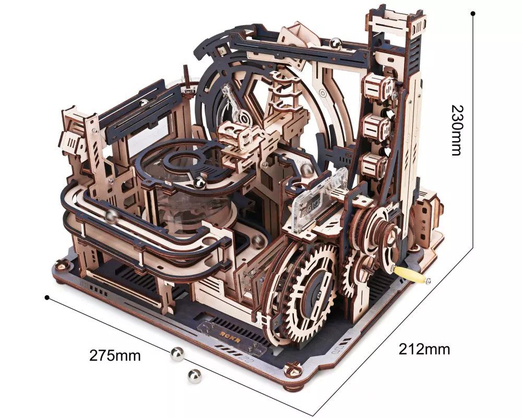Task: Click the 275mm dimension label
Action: click(x=115, y=355)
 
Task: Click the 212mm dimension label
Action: click(x=424, y=349)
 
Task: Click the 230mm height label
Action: click(x=457, y=130)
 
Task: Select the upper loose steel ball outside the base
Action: click(x=177, y=354)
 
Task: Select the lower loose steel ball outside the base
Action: click(x=194, y=376)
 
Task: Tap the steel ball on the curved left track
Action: click(x=112, y=216)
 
